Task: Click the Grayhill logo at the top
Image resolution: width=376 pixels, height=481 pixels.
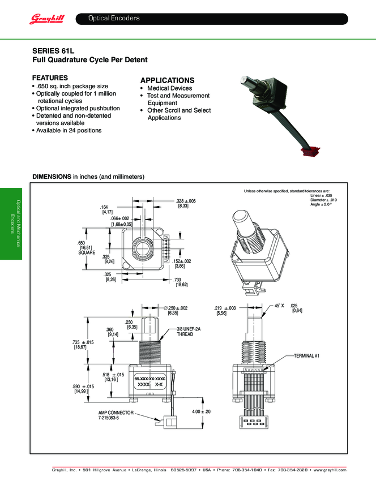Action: tap(48, 20)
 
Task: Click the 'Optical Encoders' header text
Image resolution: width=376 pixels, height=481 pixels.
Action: tap(114, 19)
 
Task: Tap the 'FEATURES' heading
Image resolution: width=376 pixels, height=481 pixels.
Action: tap(50, 78)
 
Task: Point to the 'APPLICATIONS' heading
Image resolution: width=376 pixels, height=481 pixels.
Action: tap(167, 80)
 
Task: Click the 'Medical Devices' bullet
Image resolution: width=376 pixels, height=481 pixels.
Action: tap(169, 88)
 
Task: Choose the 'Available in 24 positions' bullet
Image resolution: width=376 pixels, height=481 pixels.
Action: tap(69, 130)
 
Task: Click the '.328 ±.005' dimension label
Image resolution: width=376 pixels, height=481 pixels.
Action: tap(185, 201)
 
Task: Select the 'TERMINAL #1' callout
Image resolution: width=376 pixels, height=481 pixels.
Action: tap(307, 355)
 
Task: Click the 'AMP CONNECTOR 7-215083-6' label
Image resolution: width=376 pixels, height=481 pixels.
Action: tap(116, 416)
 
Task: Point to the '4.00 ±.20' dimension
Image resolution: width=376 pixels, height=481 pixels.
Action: tap(201, 411)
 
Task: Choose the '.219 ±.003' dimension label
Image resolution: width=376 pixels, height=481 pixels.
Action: tap(225, 308)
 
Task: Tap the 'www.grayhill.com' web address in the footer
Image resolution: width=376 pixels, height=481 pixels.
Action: tap(328, 470)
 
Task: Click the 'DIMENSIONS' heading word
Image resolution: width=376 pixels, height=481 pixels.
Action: tap(52, 177)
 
